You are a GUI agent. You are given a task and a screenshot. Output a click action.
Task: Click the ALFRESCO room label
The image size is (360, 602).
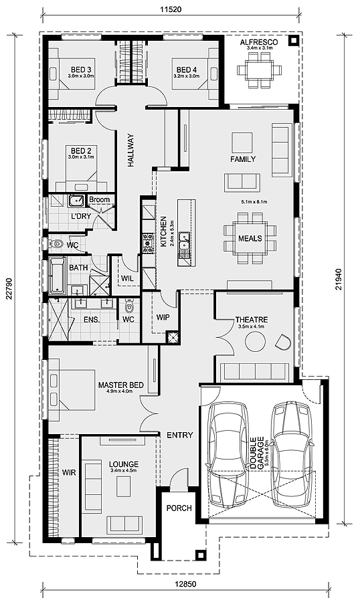259,42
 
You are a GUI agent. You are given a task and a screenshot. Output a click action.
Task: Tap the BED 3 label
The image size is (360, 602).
81,70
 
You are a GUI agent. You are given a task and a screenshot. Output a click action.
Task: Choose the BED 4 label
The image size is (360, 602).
187,70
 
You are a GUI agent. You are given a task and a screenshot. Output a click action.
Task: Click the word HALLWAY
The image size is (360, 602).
131,150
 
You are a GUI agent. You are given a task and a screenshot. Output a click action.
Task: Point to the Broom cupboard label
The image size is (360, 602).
100,199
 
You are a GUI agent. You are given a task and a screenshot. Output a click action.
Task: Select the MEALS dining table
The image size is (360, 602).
250,238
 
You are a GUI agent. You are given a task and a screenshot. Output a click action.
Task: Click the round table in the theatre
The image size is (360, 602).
255,341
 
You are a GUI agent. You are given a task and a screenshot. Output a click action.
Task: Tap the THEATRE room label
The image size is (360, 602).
252,320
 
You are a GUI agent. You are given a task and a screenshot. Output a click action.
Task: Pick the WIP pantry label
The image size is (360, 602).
163,318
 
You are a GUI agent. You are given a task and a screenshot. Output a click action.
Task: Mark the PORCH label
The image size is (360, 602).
179,508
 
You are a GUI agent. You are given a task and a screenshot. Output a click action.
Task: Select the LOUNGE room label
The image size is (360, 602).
124,464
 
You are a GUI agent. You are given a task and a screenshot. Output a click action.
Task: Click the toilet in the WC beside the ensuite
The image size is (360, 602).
129,306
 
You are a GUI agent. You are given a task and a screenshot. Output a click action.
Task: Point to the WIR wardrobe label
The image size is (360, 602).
69,473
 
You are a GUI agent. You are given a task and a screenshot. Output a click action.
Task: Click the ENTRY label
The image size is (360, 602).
180,435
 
